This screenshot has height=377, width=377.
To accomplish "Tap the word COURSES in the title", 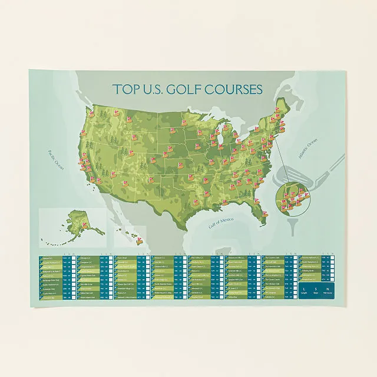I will point(232,90).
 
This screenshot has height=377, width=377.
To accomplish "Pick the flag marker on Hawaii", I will point(139,239).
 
